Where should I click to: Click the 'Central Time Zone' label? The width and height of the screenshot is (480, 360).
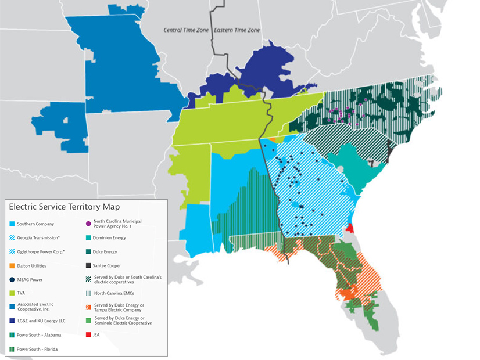point(187,30)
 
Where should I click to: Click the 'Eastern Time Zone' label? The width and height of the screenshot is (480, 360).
point(237,30)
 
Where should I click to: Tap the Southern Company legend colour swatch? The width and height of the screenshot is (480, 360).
point(12,224)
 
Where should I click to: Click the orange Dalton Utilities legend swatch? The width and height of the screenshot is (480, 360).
point(12,265)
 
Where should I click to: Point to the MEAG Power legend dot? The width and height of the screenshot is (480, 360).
point(12,279)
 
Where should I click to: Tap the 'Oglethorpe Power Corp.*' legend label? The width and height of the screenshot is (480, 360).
point(41,251)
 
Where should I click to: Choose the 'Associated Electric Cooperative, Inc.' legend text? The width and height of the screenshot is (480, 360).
point(39,307)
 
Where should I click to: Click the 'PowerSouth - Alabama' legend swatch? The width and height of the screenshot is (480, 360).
point(12,335)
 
